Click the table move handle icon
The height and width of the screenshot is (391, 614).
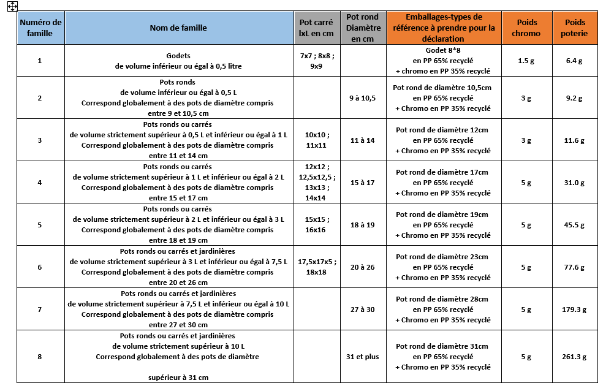pyautogui.click(x=12, y=6)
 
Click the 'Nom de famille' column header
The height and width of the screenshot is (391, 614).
pyautogui.click(x=178, y=28)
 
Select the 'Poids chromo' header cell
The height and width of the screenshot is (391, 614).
pyautogui.click(x=526, y=28)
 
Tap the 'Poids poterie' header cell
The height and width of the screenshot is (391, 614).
pyautogui.click(x=574, y=28)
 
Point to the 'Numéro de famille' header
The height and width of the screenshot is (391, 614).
pyautogui.click(x=40, y=28)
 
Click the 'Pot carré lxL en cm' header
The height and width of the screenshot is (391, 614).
pyautogui.click(x=316, y=28)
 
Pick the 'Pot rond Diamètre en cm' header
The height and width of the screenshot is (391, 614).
pyautogui.click(x=363, y=28)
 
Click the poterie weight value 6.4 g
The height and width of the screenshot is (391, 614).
pyautogui.click(x=574, y=61)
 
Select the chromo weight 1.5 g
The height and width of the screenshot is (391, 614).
pyautogui.click(x=526, y=61)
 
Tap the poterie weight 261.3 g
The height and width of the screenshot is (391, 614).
pyautogui.click(x=574, y=357)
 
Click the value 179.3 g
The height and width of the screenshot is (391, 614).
pyautogui.click(x=574, y=309)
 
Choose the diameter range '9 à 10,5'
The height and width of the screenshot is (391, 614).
pyautogui.click(x=363, y=98)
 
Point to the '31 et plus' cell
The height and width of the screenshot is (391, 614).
pyautogui.click(x=363, y=357)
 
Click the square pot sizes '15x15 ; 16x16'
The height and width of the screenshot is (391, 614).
pyautogui.click(x=316, y=224)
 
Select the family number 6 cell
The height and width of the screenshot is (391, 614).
pyautogui.click(x=40, y=267)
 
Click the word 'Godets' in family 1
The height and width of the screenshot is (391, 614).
pyautogui.click(x=178, y=55)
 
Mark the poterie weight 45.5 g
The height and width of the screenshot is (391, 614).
pyautogui.click(x=574, y=225)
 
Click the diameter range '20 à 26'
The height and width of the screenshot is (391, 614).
pyautogui.click(x=363, y=267)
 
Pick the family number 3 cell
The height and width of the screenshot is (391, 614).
pyautogui.click(x=40, y=140)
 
